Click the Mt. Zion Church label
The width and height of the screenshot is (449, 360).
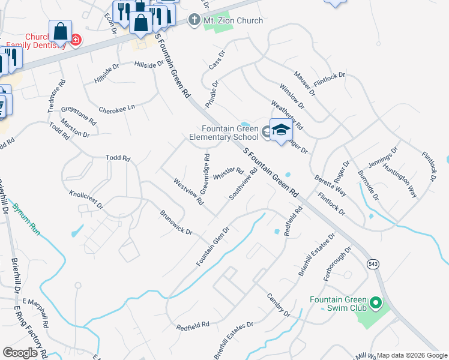click(x=234, y=20)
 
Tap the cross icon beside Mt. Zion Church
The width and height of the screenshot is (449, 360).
click(x=194, y=20)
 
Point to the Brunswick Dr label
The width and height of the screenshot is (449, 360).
click(x=175, y=222)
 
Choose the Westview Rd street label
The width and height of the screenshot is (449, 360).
click(x=188, y=191)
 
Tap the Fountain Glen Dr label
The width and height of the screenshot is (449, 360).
click(x=213, y=247)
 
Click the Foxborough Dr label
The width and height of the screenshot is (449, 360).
click(x=341, y=262)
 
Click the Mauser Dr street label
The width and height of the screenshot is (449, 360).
click(x=304, y=83)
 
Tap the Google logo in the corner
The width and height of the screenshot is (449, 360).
click(x=20, y=352)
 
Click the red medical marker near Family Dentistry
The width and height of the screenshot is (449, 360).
click(x=76, y=40)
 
